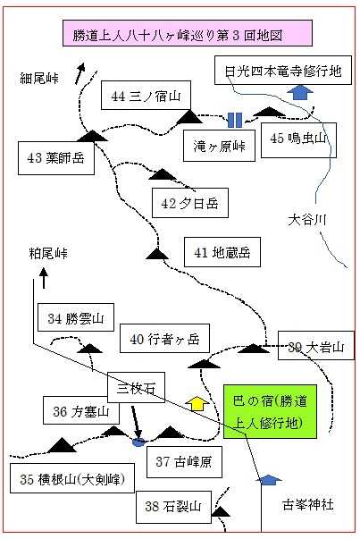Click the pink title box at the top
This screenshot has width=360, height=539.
tap(188, 33)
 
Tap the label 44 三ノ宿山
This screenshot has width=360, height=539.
tap(146, 96)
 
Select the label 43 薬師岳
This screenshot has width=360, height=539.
tap(56, 158)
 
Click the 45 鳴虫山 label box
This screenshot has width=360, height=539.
tap(298, 139)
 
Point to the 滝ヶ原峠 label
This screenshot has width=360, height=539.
tap(219, 146)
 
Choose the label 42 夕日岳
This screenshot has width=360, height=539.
tap(190, 203)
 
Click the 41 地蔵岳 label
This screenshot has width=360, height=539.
tap(222, 252)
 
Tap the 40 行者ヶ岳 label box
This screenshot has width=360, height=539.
tap(164, 338)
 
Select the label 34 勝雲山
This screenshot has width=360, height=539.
tap(76, 317)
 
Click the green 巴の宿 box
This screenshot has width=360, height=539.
tap(270, 411)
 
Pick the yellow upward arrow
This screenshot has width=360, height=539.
tap(197, 403)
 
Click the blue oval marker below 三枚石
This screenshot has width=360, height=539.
tap(138, 442)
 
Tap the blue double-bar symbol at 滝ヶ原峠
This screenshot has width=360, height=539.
tap(235, 120)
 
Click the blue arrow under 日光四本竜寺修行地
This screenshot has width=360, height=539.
tap(300, 92)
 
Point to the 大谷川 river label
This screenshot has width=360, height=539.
tap(307, 219)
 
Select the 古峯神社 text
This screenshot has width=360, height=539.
tap(308, 505)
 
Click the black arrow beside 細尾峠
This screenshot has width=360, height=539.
tap(80, 73)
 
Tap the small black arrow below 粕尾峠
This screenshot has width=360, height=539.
tap(44, 278)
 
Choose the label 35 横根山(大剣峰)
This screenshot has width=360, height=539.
tap(72, 478)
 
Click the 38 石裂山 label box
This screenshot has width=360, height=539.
tap(173, 507)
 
